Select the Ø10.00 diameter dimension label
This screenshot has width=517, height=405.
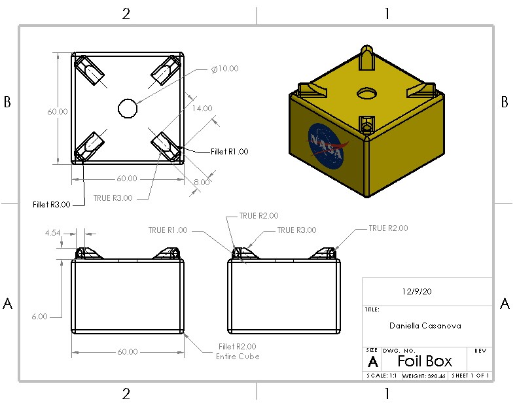225,69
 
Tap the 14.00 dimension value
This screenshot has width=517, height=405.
202,108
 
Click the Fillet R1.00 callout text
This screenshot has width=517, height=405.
229,151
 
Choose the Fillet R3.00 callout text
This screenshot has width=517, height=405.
50,204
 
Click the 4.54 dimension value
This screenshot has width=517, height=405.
52,232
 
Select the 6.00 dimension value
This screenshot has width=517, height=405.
39,317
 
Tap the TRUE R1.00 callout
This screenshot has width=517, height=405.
168,230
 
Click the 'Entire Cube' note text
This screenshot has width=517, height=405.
238,357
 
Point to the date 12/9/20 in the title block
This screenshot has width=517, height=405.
416,292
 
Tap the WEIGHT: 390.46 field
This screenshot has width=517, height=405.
423,376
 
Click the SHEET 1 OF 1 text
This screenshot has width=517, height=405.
470,376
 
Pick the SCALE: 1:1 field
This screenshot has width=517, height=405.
380,376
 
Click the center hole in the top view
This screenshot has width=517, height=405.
127,107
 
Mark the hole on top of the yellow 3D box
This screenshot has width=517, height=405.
366,95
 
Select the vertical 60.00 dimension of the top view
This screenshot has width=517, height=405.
57,111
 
